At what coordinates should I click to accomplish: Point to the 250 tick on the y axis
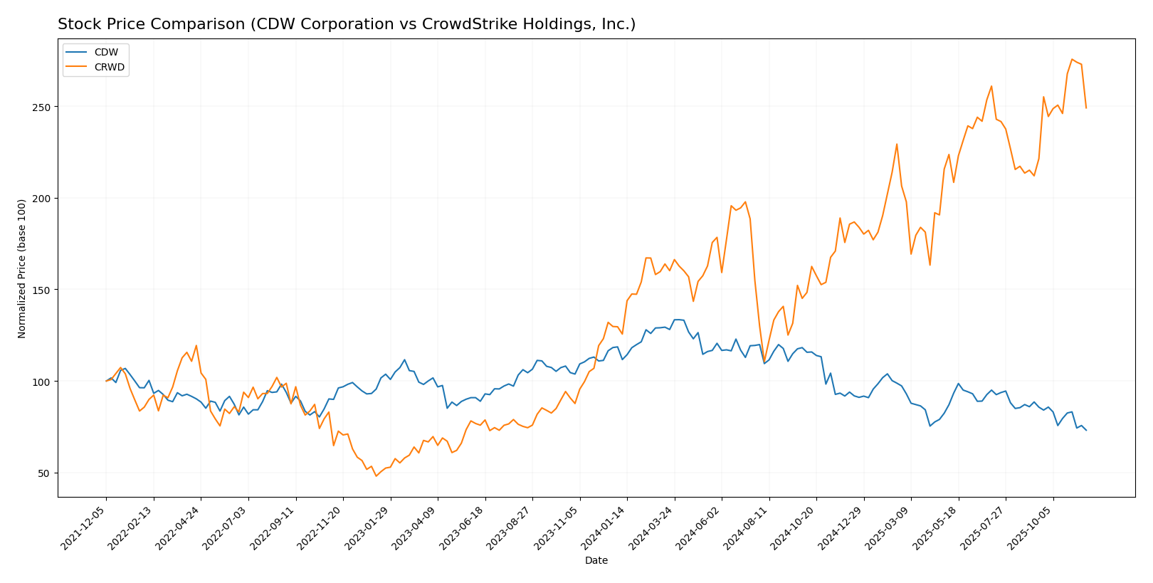click(x=44, y=107)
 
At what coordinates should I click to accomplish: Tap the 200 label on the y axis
click(x=44, y=199)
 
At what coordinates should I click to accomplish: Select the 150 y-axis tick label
click(x=44, y=290)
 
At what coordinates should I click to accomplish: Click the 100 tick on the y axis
click(x=44, y=382)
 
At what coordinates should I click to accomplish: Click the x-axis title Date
click(x=596, y=561)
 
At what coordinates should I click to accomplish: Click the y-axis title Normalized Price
click(x=22, y=268)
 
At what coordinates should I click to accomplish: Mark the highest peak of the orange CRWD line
click(x=1072, y=59)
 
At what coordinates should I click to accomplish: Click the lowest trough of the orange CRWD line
click(x=377, y=476)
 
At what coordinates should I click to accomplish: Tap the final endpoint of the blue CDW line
click(x=1086, y=430)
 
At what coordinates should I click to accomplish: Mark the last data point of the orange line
click(x=1086, y=108)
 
